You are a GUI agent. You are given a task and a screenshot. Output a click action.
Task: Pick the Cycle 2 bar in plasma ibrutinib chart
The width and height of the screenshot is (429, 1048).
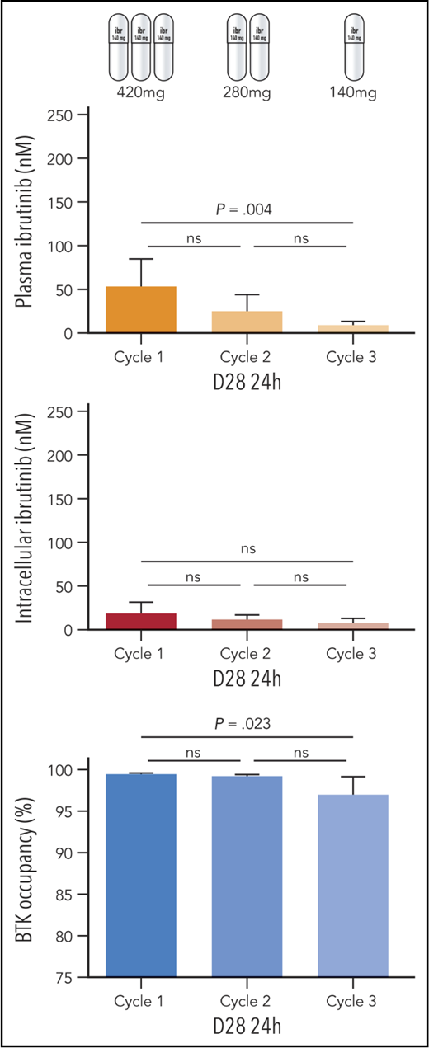point(247,322)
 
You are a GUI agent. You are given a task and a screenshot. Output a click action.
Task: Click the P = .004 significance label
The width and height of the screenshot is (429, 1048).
point(247,211)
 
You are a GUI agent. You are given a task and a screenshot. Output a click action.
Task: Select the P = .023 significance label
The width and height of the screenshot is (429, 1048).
point(247,726)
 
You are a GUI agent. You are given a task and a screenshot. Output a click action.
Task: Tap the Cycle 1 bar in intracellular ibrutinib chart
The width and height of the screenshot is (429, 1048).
point(141,622)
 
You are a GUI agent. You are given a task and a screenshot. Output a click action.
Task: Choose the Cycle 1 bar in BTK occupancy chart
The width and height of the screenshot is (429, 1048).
point(141,876)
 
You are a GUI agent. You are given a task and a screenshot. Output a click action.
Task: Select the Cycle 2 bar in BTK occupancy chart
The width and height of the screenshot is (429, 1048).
point(247,876)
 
